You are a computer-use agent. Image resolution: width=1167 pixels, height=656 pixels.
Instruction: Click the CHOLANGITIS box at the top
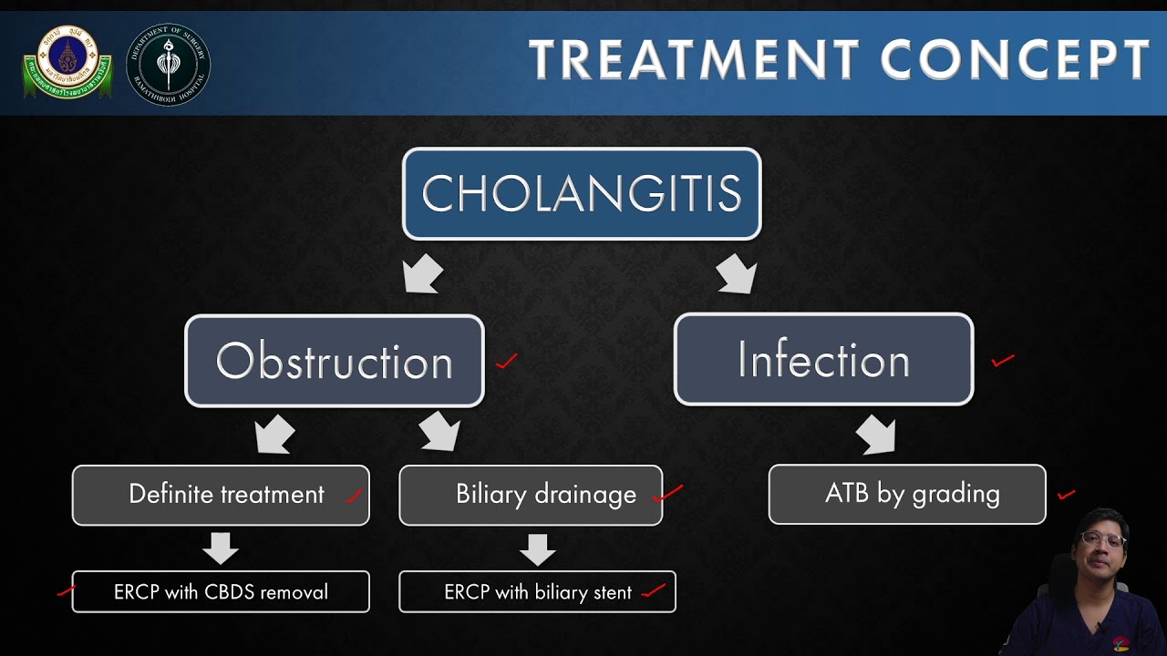click(x=582, y=194)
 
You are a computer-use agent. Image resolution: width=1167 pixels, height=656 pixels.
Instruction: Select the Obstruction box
click(x=335, y=361)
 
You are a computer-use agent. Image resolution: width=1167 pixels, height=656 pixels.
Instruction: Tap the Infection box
click(x=823, y=359)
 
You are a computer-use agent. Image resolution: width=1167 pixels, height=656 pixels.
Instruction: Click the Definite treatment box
click(x=221, y=495)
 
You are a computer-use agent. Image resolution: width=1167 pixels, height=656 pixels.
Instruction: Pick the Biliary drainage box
click(x=531, y=495)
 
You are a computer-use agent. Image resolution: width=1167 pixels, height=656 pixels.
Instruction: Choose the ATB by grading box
click(x=907, y=494)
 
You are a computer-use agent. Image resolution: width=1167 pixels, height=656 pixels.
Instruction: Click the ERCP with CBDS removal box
click(x=221, y=592)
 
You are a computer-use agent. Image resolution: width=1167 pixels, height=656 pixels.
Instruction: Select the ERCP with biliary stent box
click(x=537, y=592)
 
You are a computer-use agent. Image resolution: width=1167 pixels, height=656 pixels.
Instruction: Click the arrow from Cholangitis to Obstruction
click(x=422, y=274)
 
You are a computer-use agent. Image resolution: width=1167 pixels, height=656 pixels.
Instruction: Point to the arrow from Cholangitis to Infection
click(x=737, y=273)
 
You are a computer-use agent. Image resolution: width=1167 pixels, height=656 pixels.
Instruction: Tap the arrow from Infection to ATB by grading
click(x=875, y=435)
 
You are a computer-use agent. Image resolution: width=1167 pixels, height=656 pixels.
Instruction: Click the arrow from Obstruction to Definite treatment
click(x=274, y=435)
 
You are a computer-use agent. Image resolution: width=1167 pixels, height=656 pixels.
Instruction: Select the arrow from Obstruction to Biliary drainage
click(x=440, y=432)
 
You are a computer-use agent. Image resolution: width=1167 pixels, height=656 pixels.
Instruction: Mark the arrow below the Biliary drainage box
click(x=538, y=548)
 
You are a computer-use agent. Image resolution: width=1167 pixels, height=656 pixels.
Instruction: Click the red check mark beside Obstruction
click(x=507, y=362)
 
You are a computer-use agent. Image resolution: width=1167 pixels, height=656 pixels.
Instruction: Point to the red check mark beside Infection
click(x=1003, y=361)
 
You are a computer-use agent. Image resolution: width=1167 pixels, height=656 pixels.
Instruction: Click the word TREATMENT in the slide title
click(x=694, y=61)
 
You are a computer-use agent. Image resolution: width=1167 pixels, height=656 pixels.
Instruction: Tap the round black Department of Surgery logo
click(x=168, y=65)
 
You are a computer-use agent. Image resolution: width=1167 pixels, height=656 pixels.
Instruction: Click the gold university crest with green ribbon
click(x=67, y=63)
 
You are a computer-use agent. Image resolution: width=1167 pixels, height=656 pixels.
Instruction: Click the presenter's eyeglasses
click(x=1102, y=539)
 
